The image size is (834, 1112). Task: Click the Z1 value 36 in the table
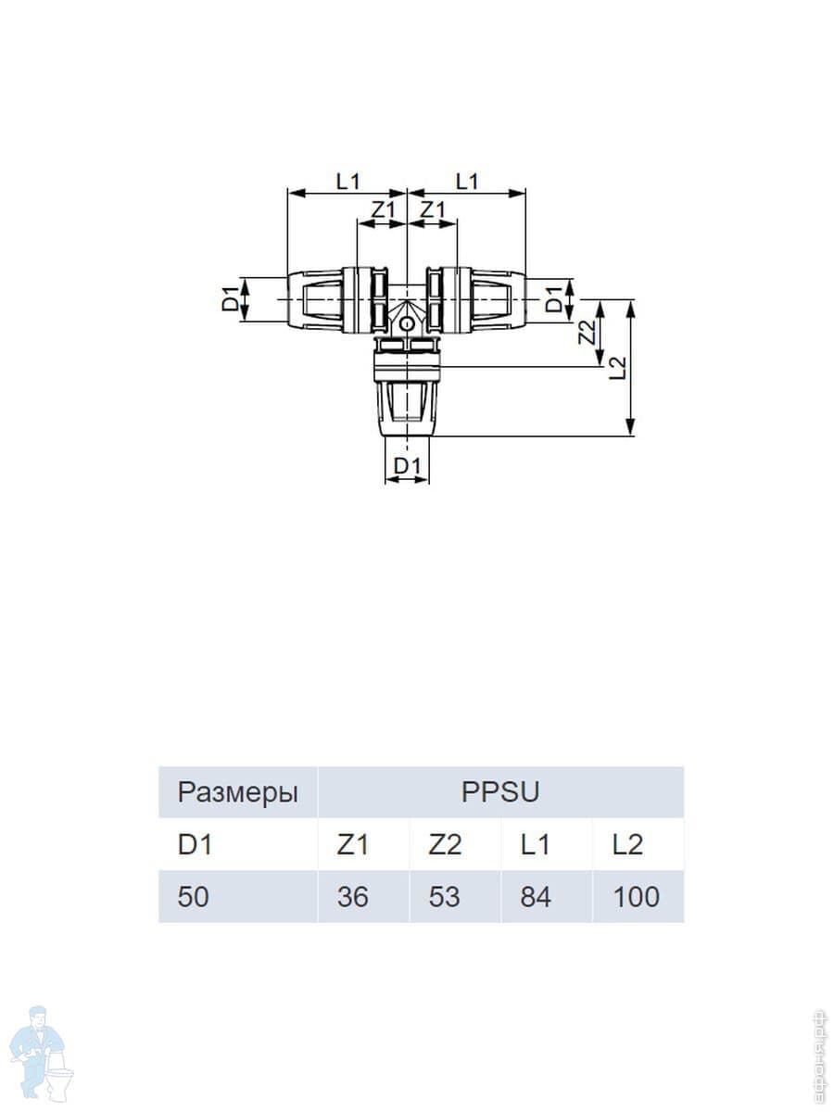click(x=352, y=897)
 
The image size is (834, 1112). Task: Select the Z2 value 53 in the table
click(x=444, y=897)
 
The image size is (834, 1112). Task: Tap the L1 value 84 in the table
click(x=536, y=897)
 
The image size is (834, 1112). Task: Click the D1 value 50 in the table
click(x=194, y=897)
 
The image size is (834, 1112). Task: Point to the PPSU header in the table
click(x=500, y=792)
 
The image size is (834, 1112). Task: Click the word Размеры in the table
click(x=238, y=793)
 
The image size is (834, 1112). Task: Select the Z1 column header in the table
click(x=352, y=844)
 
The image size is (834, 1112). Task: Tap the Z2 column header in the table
click(x=445, y=844)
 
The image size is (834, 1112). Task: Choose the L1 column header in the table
click(x=536, y=844)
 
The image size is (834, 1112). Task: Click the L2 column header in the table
click(x=627, y=844)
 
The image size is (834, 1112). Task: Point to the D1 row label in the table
click(x=194, y=844)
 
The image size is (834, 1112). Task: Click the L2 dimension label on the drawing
click(x=619, y=368)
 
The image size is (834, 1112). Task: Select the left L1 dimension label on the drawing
click(x=347, y=182)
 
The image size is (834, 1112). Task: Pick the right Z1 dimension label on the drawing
click(x=432, y=210)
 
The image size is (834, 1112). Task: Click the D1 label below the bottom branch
click(x=408, y=465)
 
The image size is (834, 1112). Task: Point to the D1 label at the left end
click(x=230, y=299)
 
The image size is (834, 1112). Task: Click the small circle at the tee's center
click(x=407, y=324)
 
